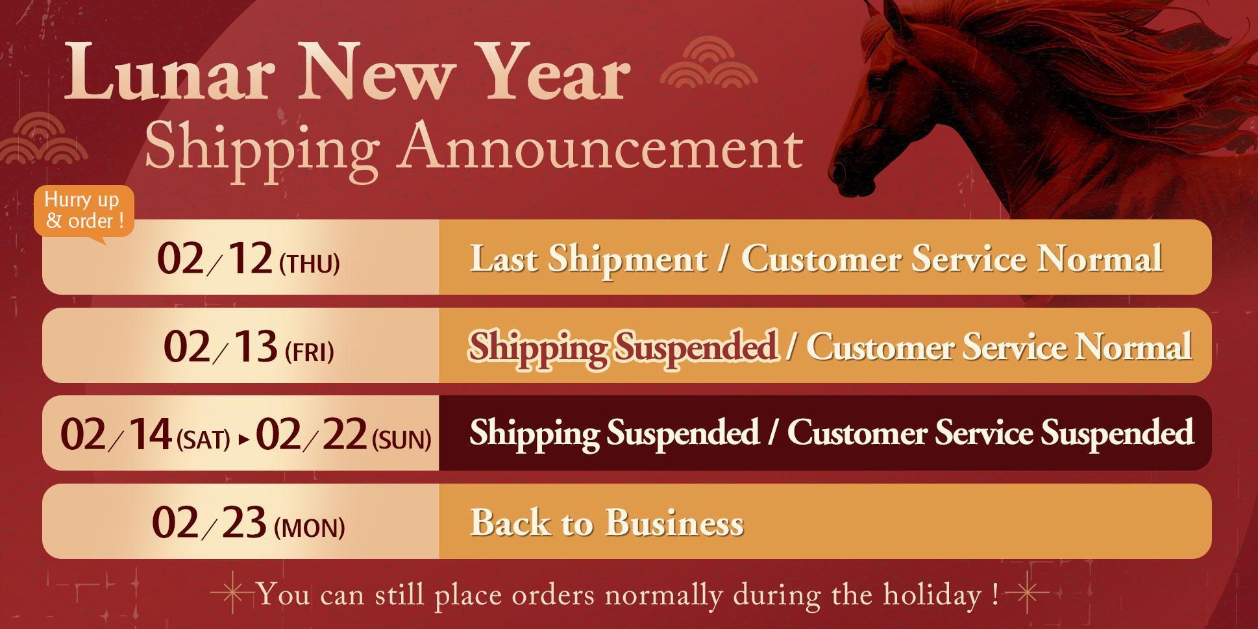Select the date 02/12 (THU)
point(248,258)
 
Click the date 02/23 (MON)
point(248,522)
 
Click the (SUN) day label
point(402,441)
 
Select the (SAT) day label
point(203,441)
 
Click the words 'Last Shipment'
point(588,258)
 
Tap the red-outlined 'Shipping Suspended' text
point(623,347)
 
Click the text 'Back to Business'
point(607,523)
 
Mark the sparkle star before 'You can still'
point(233,593)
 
